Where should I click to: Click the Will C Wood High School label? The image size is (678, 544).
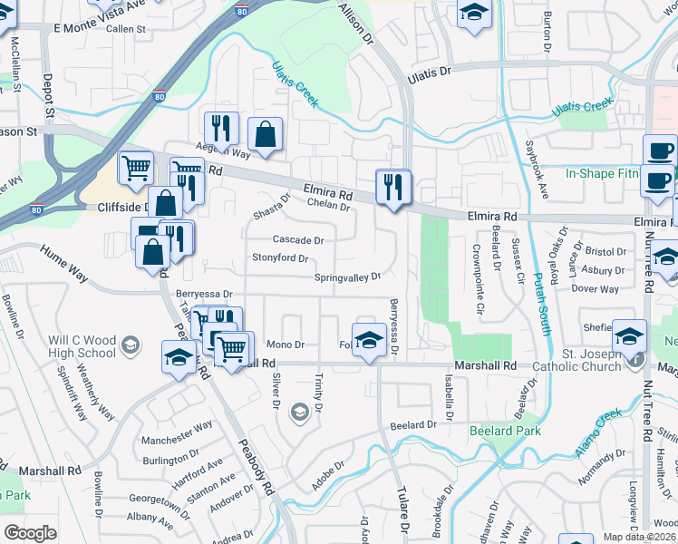tap(82, 347)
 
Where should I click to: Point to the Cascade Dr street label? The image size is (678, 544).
tap(298, 240)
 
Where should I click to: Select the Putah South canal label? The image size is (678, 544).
tap(542, 299)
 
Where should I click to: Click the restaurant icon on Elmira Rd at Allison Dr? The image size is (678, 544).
tap(393, 188)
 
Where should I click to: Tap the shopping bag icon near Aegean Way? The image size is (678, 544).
tap(265, 135)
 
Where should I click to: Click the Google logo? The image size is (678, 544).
tap(30, 533)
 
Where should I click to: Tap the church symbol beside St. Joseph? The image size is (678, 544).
tap(637, 360)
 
